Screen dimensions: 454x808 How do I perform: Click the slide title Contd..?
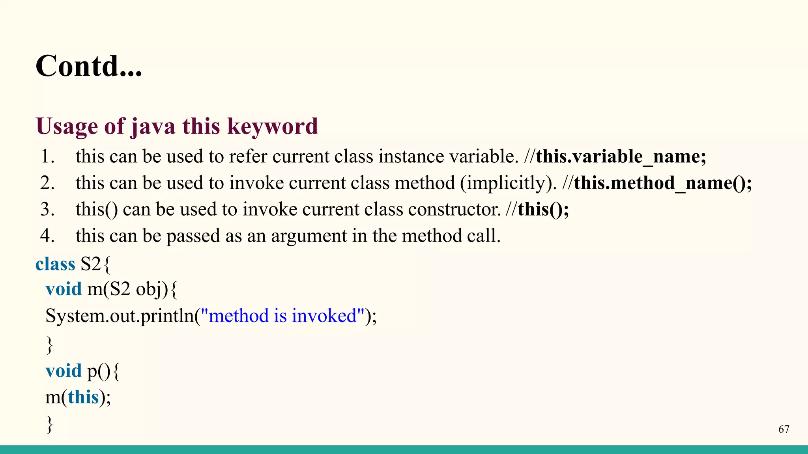88,66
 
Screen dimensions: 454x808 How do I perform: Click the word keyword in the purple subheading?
273,126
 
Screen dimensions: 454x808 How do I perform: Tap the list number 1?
47,156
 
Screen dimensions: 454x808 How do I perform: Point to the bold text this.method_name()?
663,183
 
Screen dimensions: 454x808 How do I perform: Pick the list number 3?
47,209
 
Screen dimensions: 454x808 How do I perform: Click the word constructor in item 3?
454,209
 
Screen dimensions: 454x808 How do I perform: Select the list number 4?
47,236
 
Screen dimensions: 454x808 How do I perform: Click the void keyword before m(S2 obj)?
64,289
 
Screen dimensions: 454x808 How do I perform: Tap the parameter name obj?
149,290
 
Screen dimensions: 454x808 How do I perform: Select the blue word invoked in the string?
324,316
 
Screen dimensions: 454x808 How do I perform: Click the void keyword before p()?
64,370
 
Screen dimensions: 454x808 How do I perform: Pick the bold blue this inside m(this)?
83,396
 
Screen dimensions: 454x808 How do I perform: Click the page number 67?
784,429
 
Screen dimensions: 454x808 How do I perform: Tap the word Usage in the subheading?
67,126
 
